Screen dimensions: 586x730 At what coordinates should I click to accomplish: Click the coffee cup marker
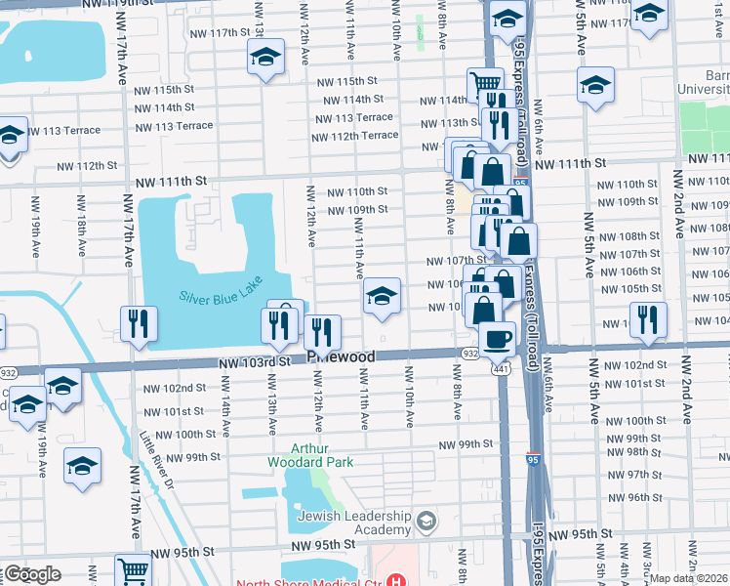[498, 339]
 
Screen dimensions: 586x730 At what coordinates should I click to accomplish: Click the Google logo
[32, 574]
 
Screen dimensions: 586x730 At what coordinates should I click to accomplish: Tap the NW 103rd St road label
[255, 361]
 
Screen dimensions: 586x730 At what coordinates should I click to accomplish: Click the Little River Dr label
[154, 459]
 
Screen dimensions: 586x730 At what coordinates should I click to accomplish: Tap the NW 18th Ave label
[82, 223]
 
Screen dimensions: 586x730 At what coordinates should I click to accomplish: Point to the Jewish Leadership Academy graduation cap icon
[426, 522]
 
